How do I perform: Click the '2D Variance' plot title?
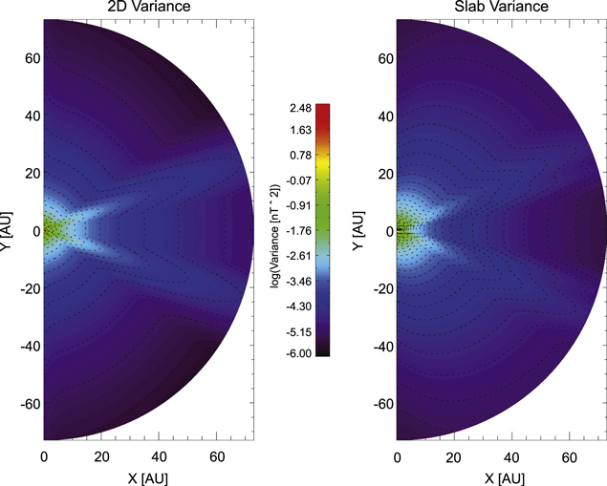pos(148,8)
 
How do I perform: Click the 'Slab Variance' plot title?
pos(501,8)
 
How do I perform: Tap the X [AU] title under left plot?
pos(148,475)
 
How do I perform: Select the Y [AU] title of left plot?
pos(8,230)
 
